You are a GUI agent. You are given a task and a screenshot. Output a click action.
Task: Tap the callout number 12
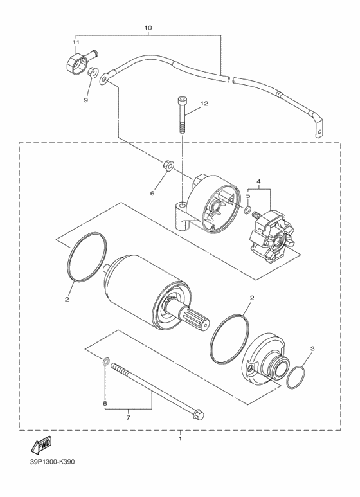[x=204, y=104]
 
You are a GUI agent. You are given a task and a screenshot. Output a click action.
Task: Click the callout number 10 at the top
[x=148, y=28]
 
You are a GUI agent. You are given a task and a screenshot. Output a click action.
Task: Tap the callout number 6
[x=152, y=193]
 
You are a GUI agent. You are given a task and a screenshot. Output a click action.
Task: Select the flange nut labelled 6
[x=168, y=165]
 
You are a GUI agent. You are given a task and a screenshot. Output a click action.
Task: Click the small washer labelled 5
[x=248, y=210]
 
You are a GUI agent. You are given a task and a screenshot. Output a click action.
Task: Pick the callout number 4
[x=258, y=181]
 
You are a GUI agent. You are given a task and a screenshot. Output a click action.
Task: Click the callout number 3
[x=312, y=348]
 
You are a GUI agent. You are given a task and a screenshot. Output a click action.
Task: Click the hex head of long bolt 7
[x=199, y=414]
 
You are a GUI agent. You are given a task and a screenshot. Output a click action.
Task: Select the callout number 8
[x=105, y=404]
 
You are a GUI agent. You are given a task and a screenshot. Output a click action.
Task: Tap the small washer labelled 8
[x=107, y=361]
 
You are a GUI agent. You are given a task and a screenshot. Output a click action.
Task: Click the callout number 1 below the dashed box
[x=180, y=438]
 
